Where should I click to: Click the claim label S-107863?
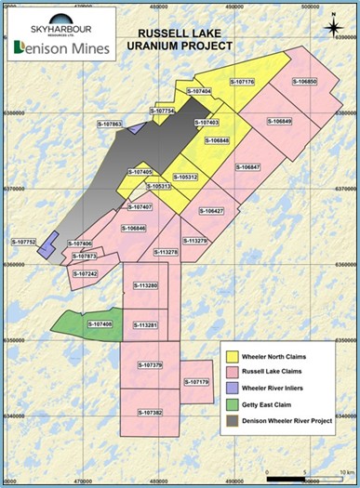coord(111,123)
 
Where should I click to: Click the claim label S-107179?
coord(197,382)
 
